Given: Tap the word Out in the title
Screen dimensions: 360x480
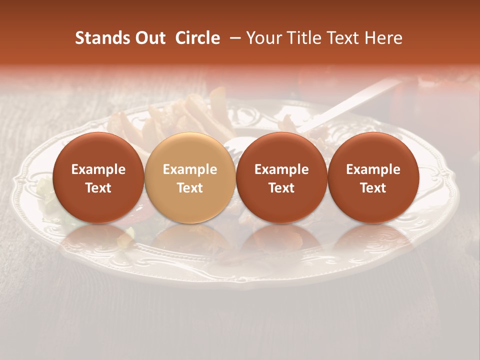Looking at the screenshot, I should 149,38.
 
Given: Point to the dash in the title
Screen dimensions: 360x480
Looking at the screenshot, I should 233,38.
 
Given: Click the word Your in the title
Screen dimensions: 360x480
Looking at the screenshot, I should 263,38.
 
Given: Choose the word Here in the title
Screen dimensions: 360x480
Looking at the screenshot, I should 383,38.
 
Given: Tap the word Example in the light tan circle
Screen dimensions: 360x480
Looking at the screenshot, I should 190,169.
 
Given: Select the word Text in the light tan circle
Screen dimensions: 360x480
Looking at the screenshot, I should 190,188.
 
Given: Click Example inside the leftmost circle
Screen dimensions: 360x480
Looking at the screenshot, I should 98,169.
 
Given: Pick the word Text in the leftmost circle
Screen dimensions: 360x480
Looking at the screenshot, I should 98,188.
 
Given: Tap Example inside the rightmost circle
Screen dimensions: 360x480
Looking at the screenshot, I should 373,169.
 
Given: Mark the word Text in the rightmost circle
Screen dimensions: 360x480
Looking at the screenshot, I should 373,188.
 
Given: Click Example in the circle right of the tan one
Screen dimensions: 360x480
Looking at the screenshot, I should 281,169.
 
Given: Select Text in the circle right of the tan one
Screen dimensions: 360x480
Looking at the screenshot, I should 281,188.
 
